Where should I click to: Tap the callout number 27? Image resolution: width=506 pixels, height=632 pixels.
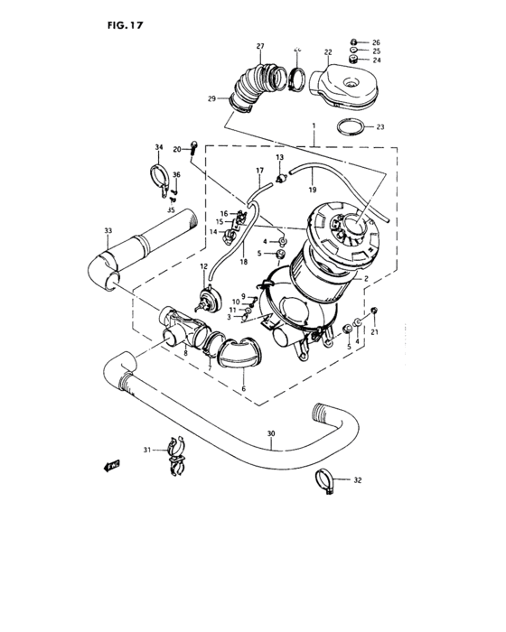point(260,46)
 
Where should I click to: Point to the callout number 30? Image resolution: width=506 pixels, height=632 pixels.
point(271,434)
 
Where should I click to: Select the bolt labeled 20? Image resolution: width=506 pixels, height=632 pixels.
point(192,147)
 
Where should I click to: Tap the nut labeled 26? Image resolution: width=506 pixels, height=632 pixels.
point(356,42)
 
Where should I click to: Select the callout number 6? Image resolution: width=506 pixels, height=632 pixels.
point(241,389)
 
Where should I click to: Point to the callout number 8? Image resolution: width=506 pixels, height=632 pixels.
point(185,355)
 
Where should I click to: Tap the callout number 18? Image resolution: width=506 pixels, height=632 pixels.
point(243,262)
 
